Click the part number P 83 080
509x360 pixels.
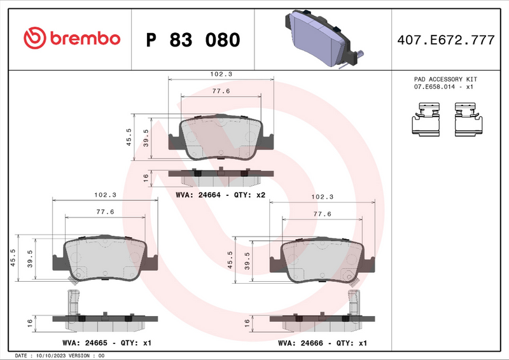[193, 40]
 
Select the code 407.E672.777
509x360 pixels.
[445, 40]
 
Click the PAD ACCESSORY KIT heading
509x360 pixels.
[445, 79]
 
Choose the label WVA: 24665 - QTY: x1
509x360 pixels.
[107, 343]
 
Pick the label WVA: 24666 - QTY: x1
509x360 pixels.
[323, 343]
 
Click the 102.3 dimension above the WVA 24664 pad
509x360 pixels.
[221, 74]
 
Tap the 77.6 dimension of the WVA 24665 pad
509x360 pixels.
[104, 212]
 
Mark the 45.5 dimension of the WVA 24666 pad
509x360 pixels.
[230, 260]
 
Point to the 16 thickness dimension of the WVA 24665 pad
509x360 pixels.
[31, 323]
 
